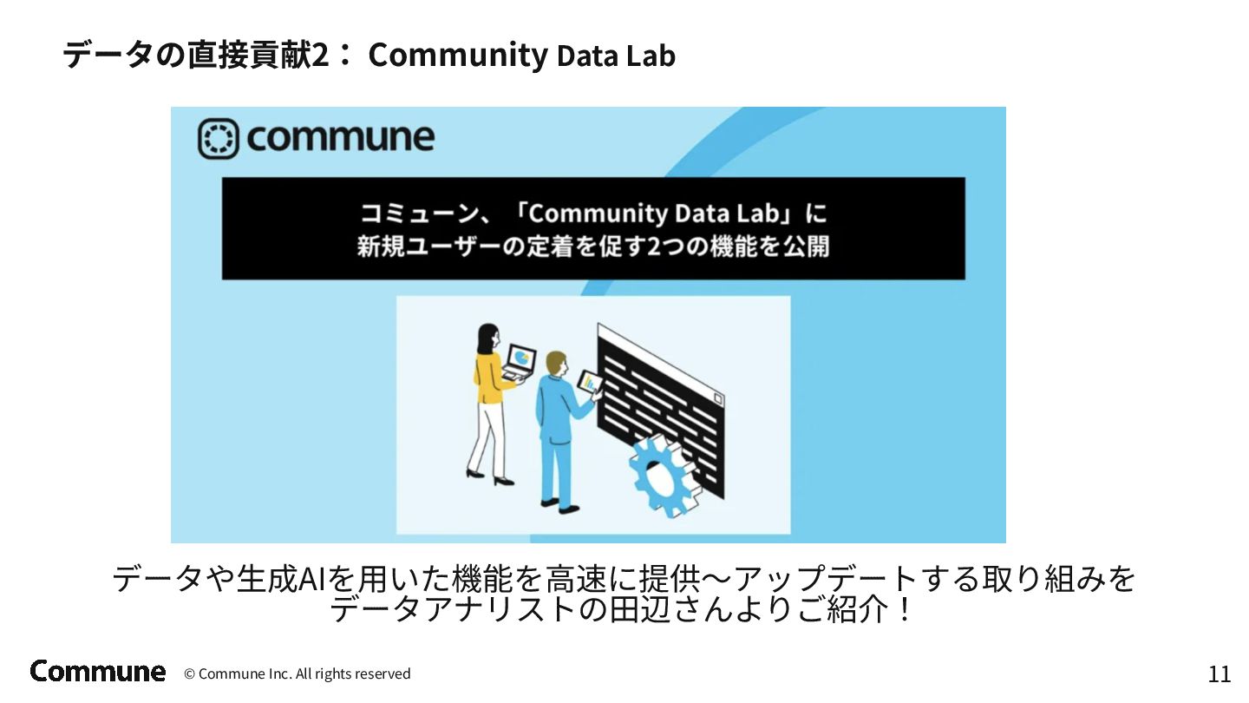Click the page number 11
click(1219, 674)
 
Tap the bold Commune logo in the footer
click(97, 671)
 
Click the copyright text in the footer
click(298, 674)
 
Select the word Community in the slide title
click(458, 56)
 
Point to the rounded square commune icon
click(218, 138)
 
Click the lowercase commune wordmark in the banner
click(340, 138)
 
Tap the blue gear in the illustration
click(664, 476)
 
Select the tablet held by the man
click(591, 384)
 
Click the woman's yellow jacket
click(491, 376)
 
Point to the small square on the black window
click(717, 398)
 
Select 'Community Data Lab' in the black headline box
click(653, 214)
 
